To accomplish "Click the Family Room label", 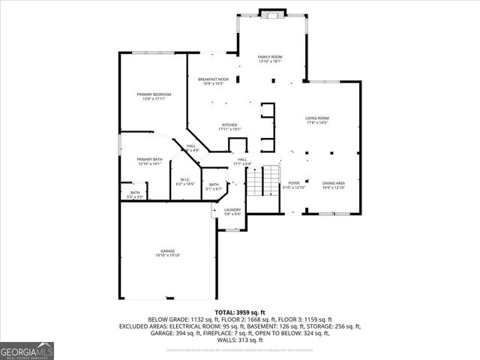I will coord(270,57).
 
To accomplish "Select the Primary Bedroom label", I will coord(154,94).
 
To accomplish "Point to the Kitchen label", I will coord(229,124).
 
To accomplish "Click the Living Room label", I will coord(317,118).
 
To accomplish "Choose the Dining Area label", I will coord(334,183).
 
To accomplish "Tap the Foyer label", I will coord(294,183).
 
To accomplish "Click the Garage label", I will coord(168,251).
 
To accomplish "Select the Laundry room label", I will coord(232,210).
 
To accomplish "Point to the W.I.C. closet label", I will coord(185,179).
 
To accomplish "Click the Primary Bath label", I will coord(149,159).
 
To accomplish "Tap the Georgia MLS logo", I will coord(27,350).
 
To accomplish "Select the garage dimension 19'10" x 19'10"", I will coord(168,256).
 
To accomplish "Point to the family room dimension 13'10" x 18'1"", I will coord(270,61).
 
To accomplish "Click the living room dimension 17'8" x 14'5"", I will coord(317,122).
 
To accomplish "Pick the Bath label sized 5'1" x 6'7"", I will coord(214,187).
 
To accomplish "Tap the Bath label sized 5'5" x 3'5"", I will coord(135,195).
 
